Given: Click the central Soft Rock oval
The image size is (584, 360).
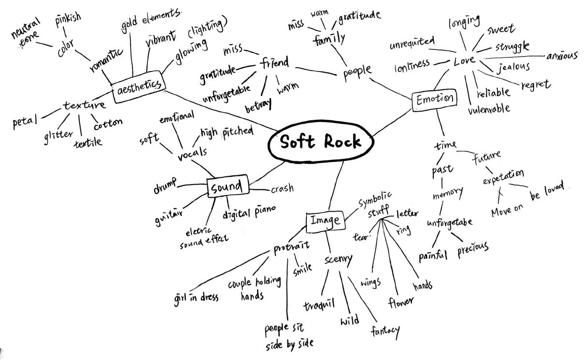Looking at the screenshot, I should [x=321, y=142].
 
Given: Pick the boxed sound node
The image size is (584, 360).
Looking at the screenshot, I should [x=227, y=187].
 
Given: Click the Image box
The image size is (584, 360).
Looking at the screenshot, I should [x=325, y=220].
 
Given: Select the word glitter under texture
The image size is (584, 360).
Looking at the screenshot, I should [x=58, y=135].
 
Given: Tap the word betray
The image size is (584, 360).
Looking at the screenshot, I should [x=258, y=105].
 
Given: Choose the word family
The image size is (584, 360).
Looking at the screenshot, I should [x=329, y=38].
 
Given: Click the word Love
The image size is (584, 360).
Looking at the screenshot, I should [x=465, y=61].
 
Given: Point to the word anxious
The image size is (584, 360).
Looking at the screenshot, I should [x=562, y=56].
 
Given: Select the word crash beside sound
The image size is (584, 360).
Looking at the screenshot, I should [x=282, y=188].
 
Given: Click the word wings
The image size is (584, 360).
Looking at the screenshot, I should [x=370, y=282].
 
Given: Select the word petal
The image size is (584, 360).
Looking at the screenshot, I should [x=25, y=121].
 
